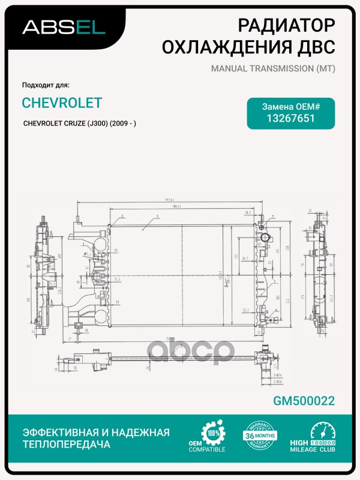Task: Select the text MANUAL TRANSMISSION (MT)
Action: (x=272, y=68)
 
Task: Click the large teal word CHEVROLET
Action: (x=62, y=103)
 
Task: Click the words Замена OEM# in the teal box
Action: (x=291, y=106)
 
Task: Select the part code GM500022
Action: (x=304, y=401)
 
